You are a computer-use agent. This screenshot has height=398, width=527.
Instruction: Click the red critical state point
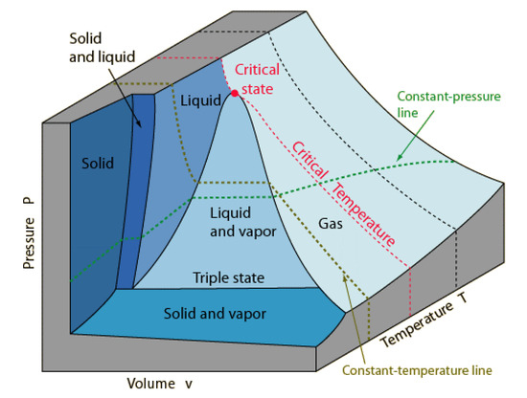click(234, 93)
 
